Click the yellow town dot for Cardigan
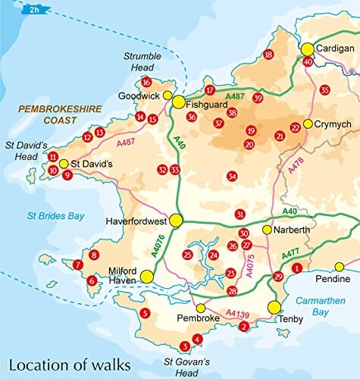click(308, 49)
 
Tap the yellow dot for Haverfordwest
click(176, 221)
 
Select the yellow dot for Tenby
click(274, 307)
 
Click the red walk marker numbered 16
click(146, 83)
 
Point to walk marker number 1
click(297, 267)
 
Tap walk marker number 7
click(77, 265)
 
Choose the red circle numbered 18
click(268, 55)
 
